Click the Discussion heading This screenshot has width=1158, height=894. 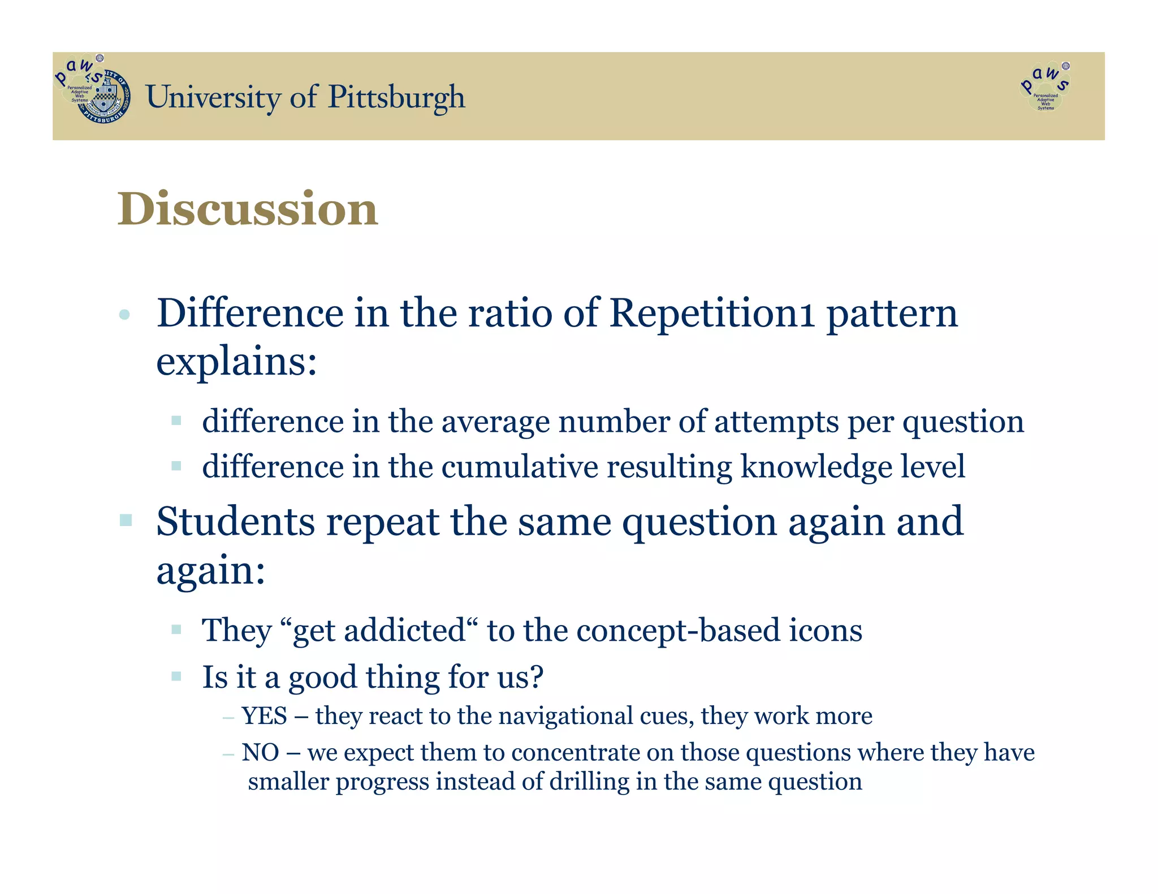247,209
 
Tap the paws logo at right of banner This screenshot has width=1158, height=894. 1045,88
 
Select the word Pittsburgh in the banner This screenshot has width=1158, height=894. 396,97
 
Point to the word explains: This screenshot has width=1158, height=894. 236,362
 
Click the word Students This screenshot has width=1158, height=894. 235,522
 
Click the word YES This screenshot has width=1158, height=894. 264,716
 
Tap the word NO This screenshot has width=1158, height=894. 260,753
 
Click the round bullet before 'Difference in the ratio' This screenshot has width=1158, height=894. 125,314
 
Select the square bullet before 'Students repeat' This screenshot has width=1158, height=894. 126,520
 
